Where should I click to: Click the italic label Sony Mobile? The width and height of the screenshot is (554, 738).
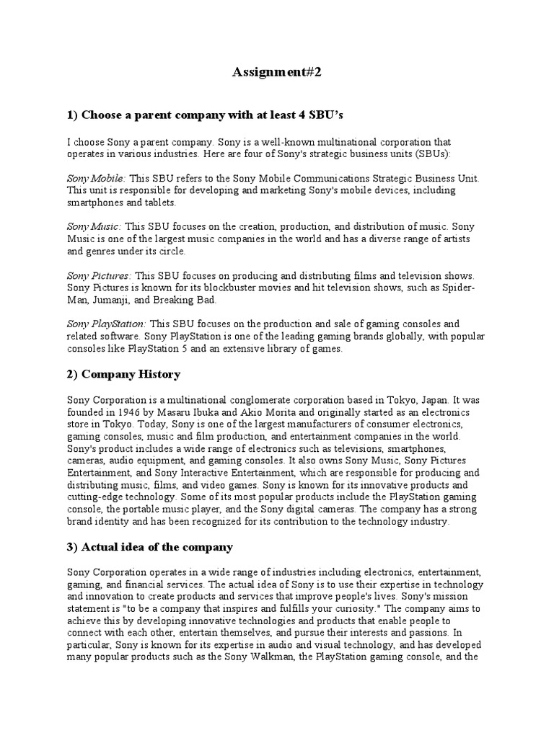click(97, 177)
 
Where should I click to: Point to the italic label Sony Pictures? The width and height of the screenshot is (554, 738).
click(100, 275)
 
